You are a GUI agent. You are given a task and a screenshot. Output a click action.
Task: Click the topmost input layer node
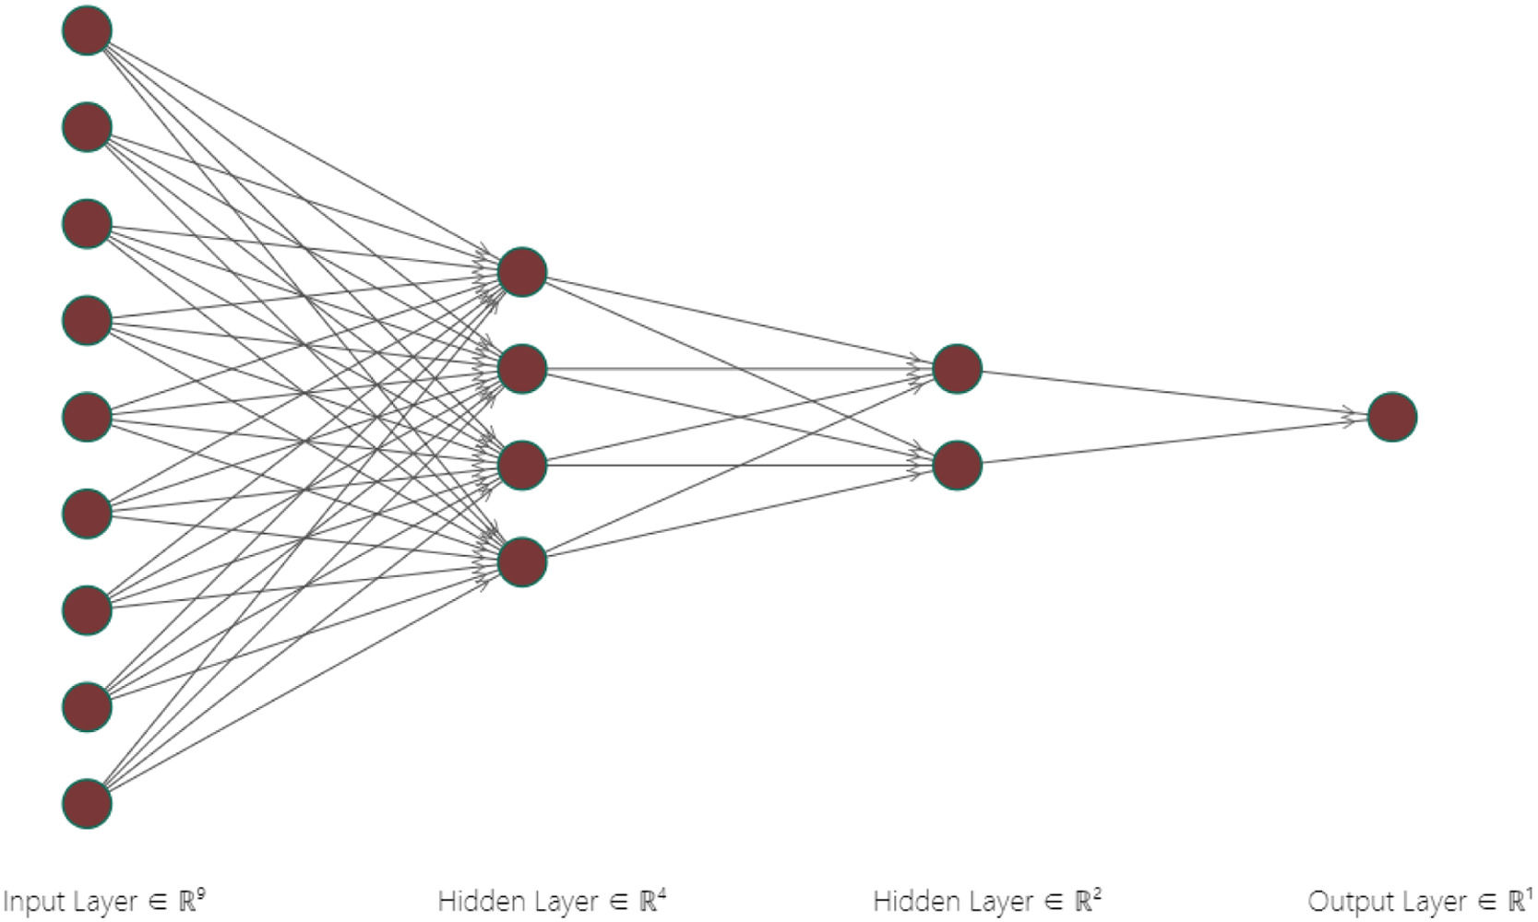87,30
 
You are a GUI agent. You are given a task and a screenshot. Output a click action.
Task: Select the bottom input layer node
87,803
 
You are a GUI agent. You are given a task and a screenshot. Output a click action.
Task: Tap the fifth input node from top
87,417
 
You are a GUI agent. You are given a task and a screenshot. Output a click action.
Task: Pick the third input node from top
87,224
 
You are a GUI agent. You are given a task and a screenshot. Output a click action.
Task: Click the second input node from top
87,127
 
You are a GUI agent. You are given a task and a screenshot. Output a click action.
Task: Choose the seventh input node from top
87,609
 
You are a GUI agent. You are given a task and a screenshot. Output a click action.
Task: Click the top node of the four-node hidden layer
522,272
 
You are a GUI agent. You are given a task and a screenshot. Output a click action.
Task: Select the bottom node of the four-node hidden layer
522,561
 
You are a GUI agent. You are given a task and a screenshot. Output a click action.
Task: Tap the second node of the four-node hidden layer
522,369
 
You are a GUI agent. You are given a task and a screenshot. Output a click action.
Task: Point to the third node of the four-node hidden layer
522,465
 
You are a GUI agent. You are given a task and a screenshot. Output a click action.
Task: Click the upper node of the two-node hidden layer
957,369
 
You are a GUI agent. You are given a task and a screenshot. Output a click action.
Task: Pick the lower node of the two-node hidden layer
957,465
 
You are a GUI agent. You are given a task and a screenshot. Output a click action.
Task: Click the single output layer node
1391,417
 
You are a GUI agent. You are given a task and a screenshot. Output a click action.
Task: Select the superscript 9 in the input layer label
200,892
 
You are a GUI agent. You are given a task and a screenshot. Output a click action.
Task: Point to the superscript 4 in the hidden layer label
662,892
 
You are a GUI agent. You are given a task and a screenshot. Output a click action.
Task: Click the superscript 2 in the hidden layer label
1097,892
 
